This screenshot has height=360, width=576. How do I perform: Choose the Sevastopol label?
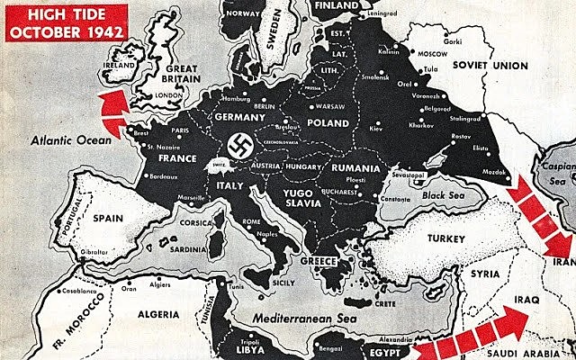pyautogui.click(x=399, y=169)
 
